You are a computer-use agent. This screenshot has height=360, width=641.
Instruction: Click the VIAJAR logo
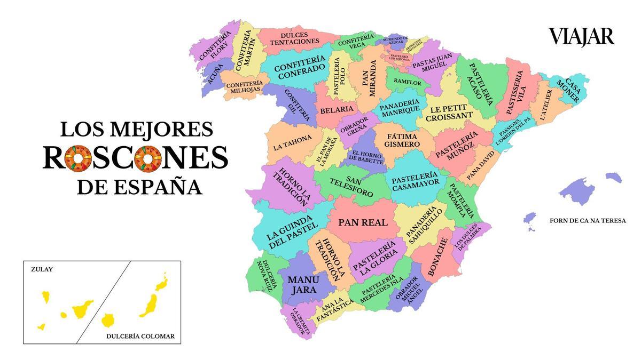(581, 36)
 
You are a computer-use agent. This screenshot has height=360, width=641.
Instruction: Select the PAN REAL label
(363, 222)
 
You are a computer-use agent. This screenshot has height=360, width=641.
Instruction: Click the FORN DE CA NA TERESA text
(587, 221)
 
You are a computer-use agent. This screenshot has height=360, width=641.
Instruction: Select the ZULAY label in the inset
(42, 270)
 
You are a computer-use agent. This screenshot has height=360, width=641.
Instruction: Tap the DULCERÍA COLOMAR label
(140, 337)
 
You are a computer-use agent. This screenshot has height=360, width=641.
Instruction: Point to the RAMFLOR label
(407, 83)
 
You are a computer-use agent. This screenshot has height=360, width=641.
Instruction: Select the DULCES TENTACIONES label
(294, 38)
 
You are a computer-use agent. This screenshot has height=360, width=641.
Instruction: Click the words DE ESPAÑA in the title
(139, 187)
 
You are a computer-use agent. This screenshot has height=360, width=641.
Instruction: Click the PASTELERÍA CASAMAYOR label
(415, 181)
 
